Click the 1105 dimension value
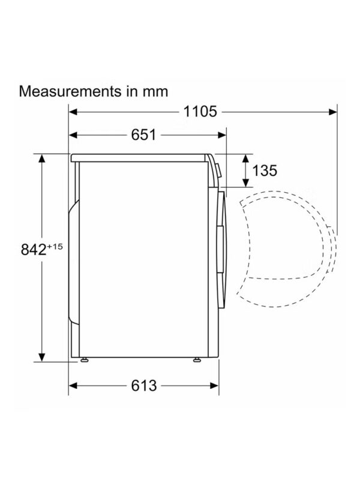pos(200,112)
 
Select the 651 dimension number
pos(143,135)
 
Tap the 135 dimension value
pos(265,170)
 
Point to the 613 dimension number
pos(143,385)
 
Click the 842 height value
pos(34,250)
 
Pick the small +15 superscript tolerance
pos(55,247)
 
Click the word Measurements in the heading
pos(70,91)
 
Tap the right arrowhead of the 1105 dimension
pos(333,112)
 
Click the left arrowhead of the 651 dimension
pos(73,135)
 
